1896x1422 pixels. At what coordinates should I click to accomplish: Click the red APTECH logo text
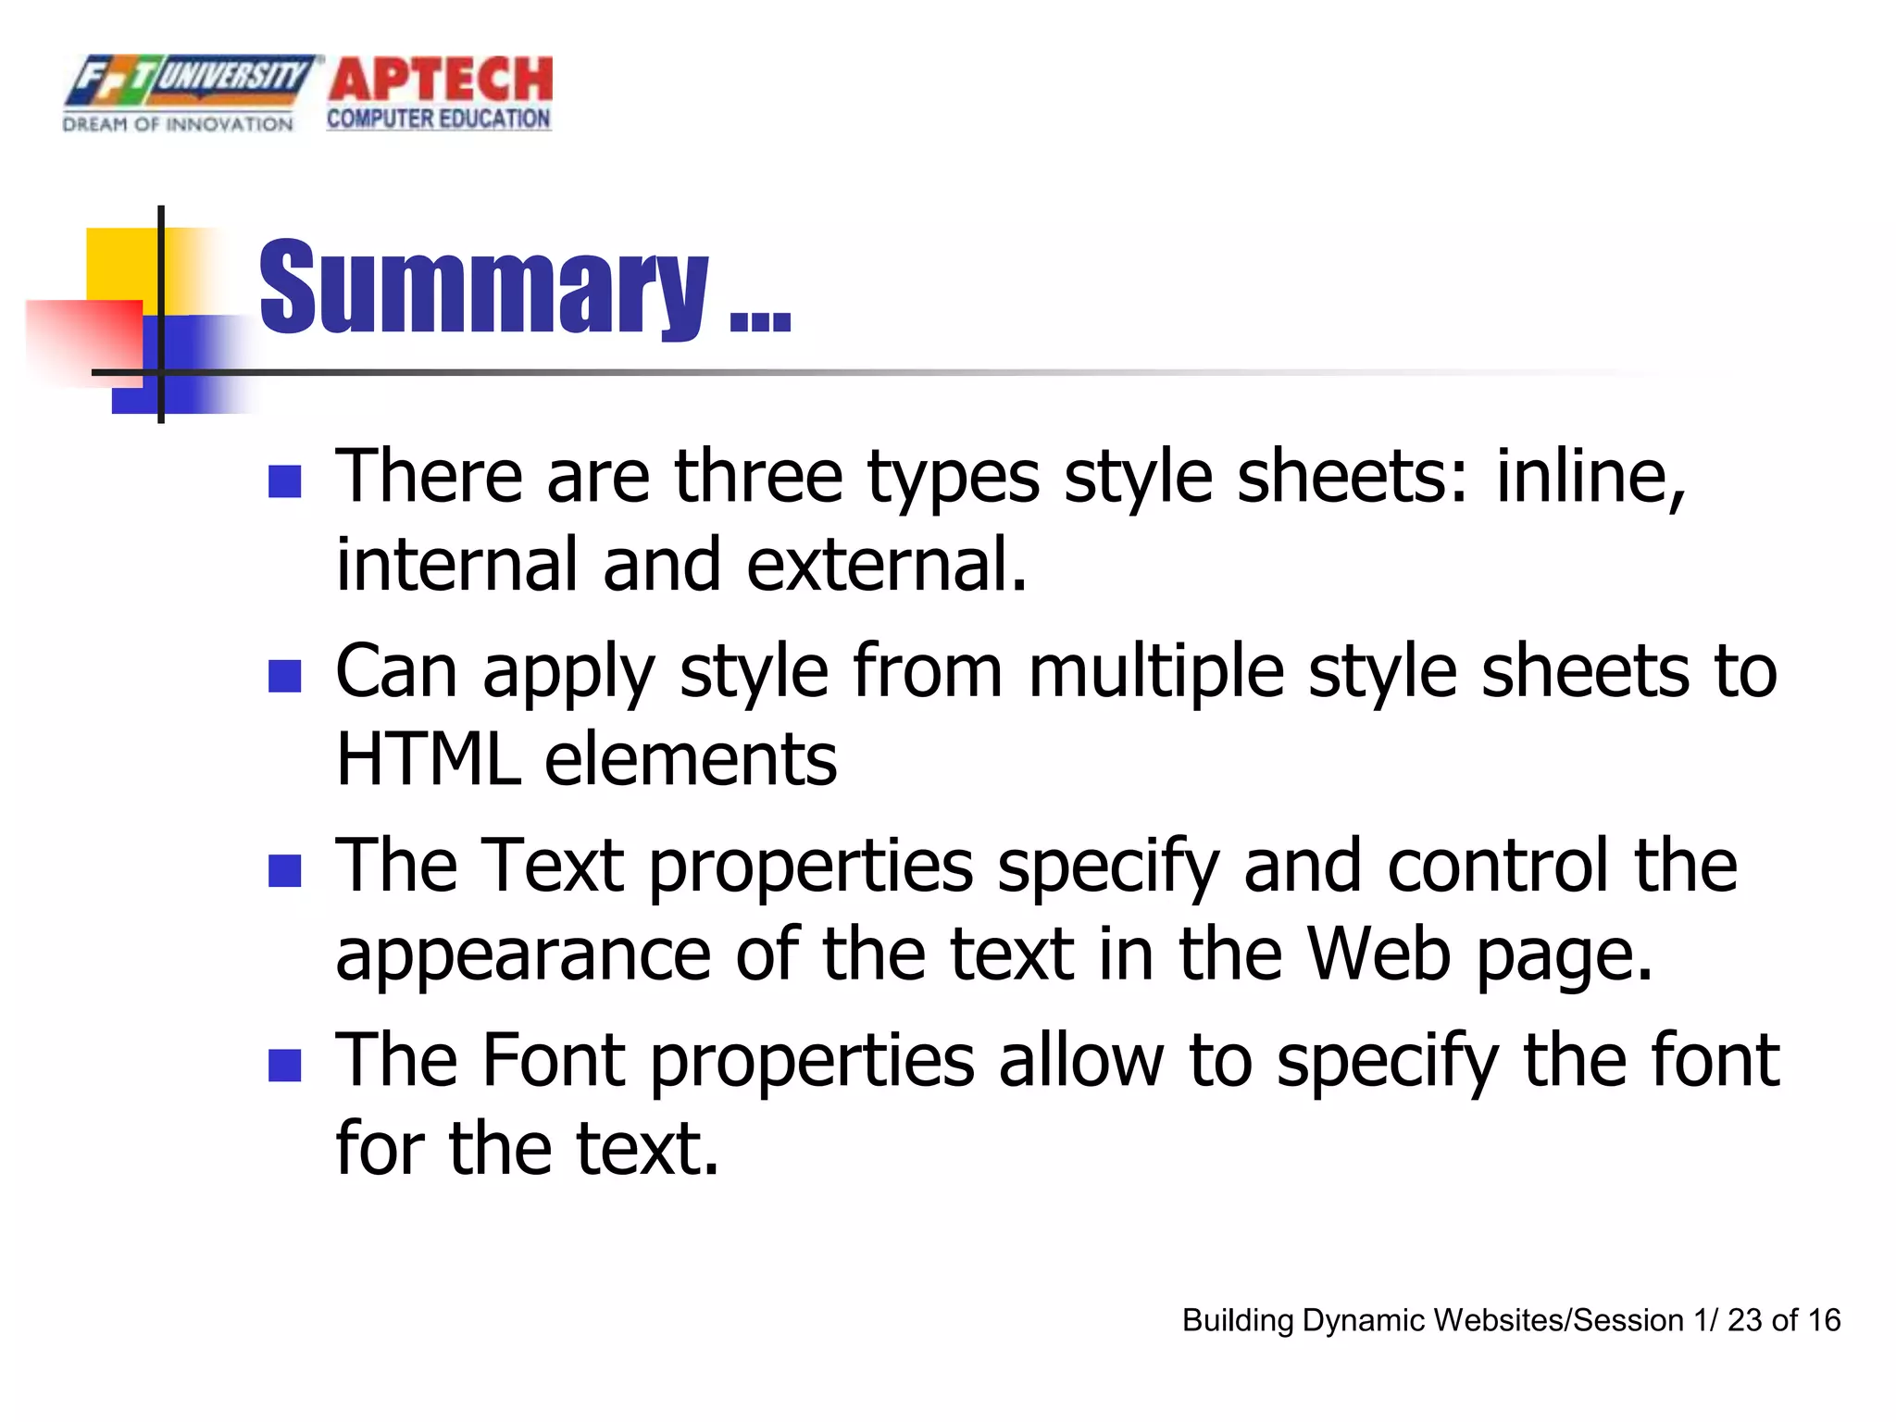tap(441, 80)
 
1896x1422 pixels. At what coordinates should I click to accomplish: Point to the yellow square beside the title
tap(120, 264)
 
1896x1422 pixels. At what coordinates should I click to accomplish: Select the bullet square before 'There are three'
tap(284, 481)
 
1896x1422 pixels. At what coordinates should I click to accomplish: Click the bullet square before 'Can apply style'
tap(284, 676)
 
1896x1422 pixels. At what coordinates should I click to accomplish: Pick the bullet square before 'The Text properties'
tap(284, 870)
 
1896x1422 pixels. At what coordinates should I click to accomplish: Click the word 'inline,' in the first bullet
tap(1590, 476)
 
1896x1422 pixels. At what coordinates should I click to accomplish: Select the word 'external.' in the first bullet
tap(887, 565)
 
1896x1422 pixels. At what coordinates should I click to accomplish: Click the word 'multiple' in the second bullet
tap(1155, 671)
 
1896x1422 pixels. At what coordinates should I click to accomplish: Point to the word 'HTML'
tap(428, 759)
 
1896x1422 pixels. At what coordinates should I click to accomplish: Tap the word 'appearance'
tap(523, 955)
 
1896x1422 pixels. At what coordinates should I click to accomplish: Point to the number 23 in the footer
tap(1744, 1320)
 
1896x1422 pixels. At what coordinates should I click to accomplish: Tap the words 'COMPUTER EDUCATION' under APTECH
tap(439, 119)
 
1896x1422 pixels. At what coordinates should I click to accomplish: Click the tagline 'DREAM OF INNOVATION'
tap(178, 124)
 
